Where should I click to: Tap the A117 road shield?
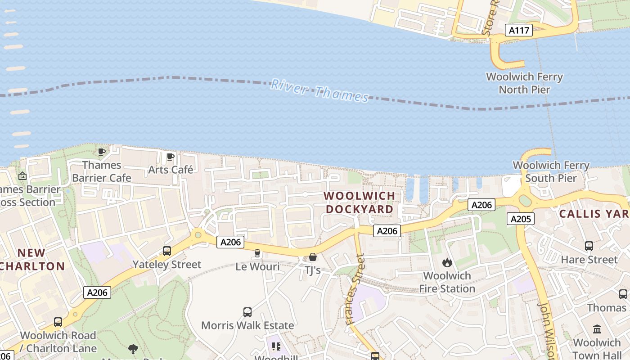pyautogui.click(x=518, y=30)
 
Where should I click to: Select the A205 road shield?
pyautogui.click(x=521, y=219)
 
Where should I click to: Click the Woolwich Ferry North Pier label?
pyautogui.click(x=524, y=83)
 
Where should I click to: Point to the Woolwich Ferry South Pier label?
pyautogui.click(x=551, y=172)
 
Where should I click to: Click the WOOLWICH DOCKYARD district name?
pyautogui.click(x=360, y=202)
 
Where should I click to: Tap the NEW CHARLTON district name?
pyautogui.click(x=32, y=259)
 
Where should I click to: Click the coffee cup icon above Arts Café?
pyautogui.click(x=171, y=157)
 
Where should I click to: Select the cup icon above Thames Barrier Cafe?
pyautogui.click(x=102, y=152)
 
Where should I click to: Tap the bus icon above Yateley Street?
pyautogui.click(x=167, y=251)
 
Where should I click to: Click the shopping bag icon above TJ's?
pyautogui.click(x=313, y=257)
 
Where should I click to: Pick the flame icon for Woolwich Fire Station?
pyautogui.click(x=447, y=262)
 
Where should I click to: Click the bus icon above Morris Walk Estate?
pyautogui.click(x=247, y=312)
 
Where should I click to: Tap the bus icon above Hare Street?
pyautogui.click(x=589, y=246)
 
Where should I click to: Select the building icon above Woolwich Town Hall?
pyautogui.click(x=597, y=329)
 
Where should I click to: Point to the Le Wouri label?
pyautogui.click(x=257, y=267)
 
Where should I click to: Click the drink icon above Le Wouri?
pyautogui.click(x=257, y=253)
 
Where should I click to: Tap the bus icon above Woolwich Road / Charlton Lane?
pyautogui.click(x=58, y=322)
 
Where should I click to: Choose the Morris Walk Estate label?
pyautogui.click(x=247, y=325)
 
